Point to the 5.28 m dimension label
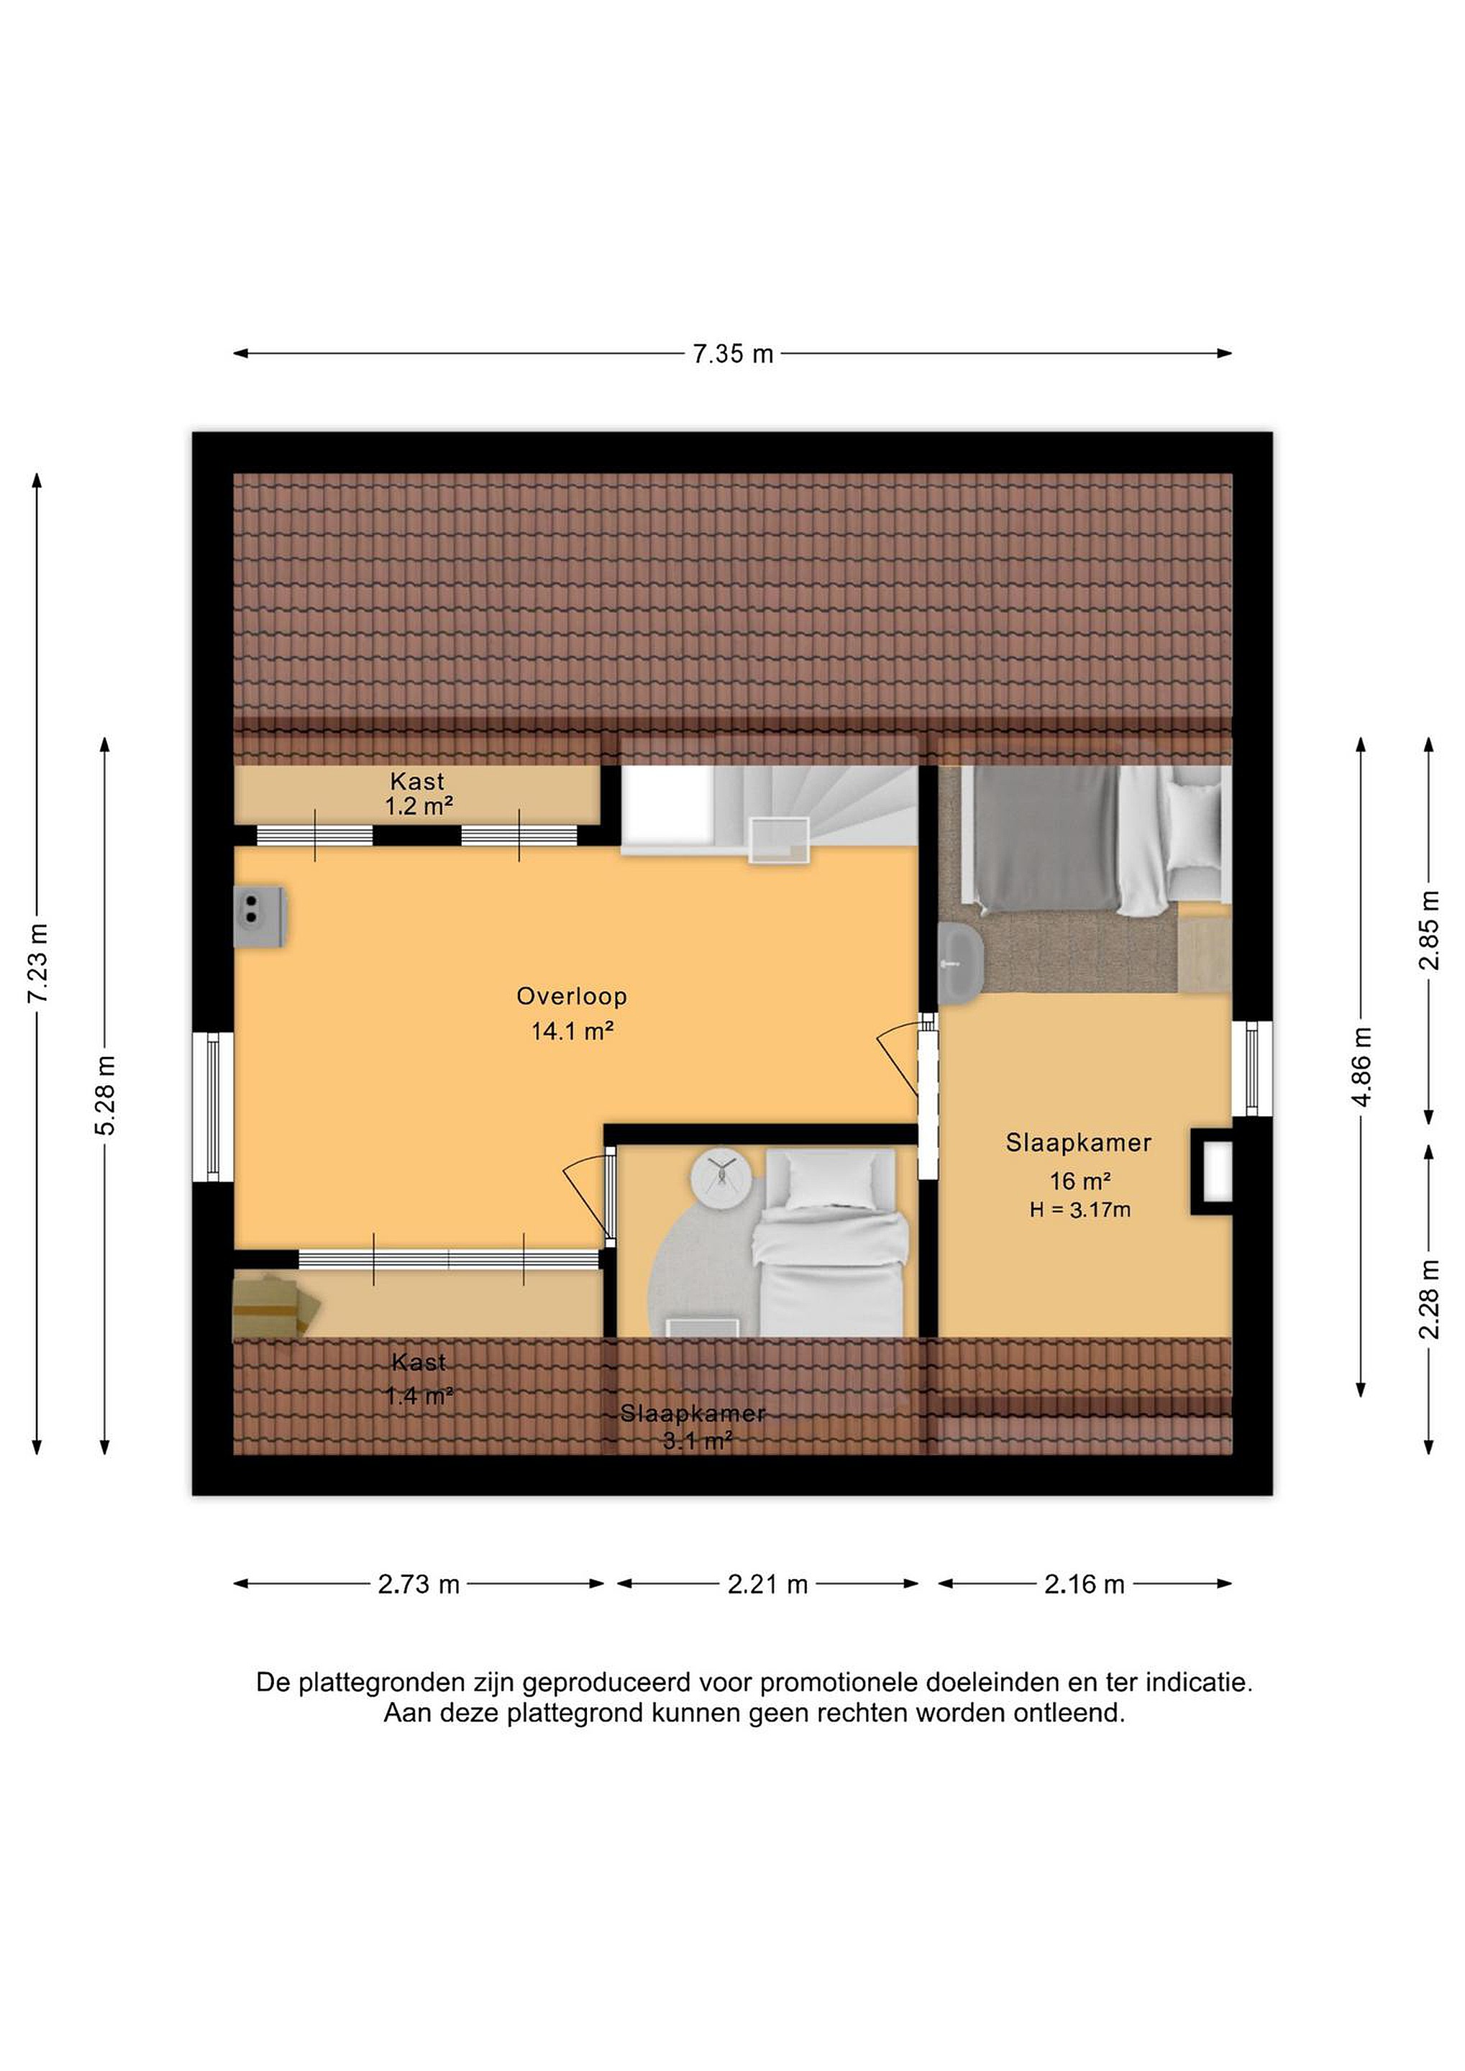coord(106,1095)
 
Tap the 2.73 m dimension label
coord(419,1584)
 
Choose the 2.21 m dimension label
coord(767,1584)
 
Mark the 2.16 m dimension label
coord(1085,1584)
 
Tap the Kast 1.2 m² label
coord(418,794)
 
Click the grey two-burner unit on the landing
coord(260,916)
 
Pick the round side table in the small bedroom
coord(721,1178)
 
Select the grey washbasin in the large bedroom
coord(961,964)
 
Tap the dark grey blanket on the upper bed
coord(1047,838)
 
